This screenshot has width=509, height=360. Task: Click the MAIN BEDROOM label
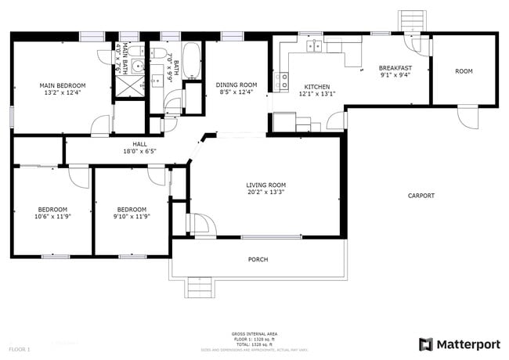pyautogui.click(x=63, y=85)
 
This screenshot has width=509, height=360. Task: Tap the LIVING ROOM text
pyautogui.click(x=265, y=185)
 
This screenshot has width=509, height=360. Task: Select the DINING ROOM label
pyautogui.click(x=236, y=85)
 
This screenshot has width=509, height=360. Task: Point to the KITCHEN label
pyautogui.click(x=316, y=87)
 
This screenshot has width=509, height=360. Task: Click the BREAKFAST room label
pyautogui.click(x=395, y=68)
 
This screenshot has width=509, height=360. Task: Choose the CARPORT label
pyautogui.click(x=421, y=196)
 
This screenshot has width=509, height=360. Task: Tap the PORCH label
pyautogui.click(x=258, y=259)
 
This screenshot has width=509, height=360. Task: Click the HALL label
pyautogui.click(x=139, y=144)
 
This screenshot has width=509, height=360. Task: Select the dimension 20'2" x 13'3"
pyautogui.click(x=265, y=193)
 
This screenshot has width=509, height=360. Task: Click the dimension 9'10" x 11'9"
pyautogui.click(x=132, y=217)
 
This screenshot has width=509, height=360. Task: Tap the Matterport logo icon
pyautogui.click(x=426, y=344)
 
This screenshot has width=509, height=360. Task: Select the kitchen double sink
pyautogui.click(x=315, y=46)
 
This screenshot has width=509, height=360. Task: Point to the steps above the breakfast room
pyautogui.click(x=410, y=20)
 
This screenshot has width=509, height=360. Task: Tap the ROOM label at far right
pyautogui.click(x=464, y=71)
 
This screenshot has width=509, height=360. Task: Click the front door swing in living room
pyautogui.click(x=202, y=225)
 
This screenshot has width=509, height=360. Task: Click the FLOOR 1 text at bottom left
pyautogui.click(x=19, y=348)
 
